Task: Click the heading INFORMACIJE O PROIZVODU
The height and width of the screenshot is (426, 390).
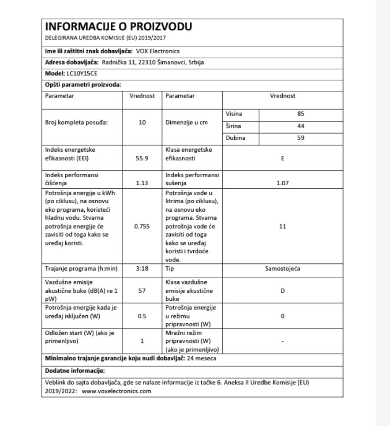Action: point(118,27)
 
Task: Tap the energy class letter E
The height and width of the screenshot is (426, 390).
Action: point(283,158)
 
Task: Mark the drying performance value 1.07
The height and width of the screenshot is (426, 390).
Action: point(283,183)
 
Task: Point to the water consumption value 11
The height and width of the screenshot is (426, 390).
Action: point(283,227)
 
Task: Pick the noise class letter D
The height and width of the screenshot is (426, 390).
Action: point(283,291)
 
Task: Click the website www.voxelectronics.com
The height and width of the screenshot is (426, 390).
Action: point(116,391)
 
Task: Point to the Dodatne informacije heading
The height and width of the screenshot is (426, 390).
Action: point(69,371)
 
